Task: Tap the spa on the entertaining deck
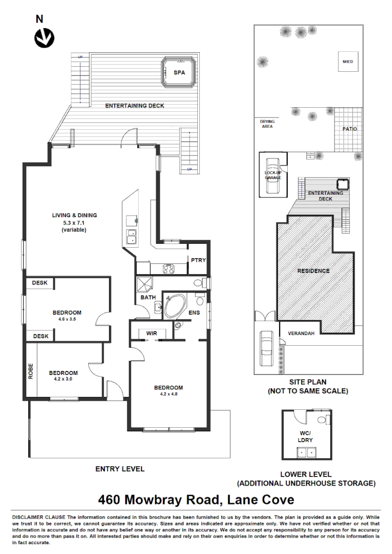click(x=179, y=72)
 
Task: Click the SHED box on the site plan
click(x=348, y=62)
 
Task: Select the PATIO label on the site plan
click(x=350, y=129)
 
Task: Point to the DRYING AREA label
click(x=267, y=124)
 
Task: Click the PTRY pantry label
click(x=198, y=261)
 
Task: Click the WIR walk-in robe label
click(x=152, y=333)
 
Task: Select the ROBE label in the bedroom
click(x=31, y=370)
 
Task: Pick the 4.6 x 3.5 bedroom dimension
click(x=67, y=320)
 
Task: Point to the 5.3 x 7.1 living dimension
click(x=74, y=223)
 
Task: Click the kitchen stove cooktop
click(x=169, y=268)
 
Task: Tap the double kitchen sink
click(x=132, y=236)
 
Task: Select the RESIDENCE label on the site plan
click(x=313, y=271)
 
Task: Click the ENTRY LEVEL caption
click(x=120, y=469)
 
